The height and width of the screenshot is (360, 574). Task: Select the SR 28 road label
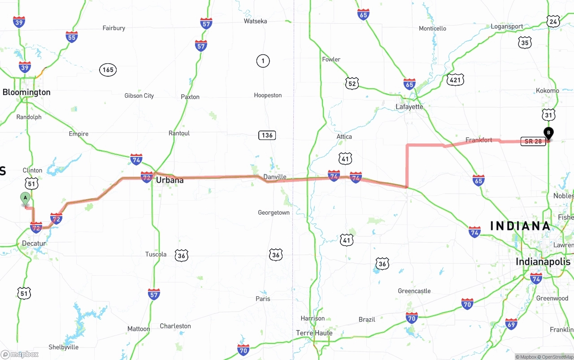point(533,141)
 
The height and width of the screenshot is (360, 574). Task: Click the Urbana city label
point(170,180)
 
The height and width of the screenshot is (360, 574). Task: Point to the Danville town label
point(274,177)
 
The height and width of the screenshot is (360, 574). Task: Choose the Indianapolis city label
point(543,261)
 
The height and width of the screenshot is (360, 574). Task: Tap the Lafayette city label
point(409,107)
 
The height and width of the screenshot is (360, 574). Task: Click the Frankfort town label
point(478,140)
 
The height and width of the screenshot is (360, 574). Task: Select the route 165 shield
point(108,69)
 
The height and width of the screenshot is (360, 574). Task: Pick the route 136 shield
point(267,135)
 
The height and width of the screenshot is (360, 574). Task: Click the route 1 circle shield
point(263,61)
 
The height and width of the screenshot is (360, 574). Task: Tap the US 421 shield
point(455,80)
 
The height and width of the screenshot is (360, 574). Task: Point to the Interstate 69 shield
point(511,324)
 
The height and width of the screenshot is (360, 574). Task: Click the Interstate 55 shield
point(72,37)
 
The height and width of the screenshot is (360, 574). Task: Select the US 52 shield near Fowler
point(352,83)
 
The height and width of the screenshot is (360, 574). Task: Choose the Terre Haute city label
point(314,333)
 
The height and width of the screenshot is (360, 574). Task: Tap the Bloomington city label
point(26,92)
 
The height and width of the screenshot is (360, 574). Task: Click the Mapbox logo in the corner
point(20,354)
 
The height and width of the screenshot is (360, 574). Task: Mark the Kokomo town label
point(547,91)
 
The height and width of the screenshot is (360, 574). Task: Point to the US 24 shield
point(553,21)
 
